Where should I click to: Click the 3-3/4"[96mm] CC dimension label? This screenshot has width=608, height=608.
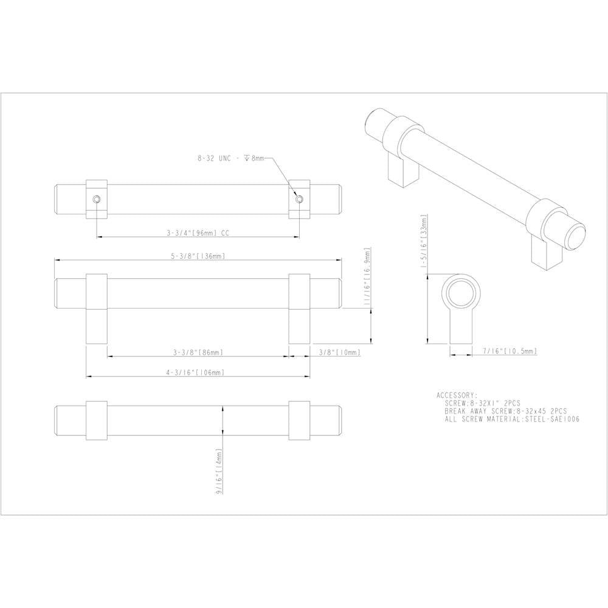click(198, 233)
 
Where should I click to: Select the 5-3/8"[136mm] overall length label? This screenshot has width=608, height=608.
click(198, 256)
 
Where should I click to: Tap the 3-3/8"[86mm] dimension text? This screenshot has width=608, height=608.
click(198, 352)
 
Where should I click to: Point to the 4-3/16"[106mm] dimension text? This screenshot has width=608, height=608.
click(196, 372)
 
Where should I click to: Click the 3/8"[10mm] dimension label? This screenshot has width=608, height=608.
click(340, 352)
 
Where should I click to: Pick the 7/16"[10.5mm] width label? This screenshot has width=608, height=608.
click(510, 351)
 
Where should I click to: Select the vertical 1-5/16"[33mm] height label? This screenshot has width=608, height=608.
click(424, 241)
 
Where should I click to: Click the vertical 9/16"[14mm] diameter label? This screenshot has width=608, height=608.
click(219, 471)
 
